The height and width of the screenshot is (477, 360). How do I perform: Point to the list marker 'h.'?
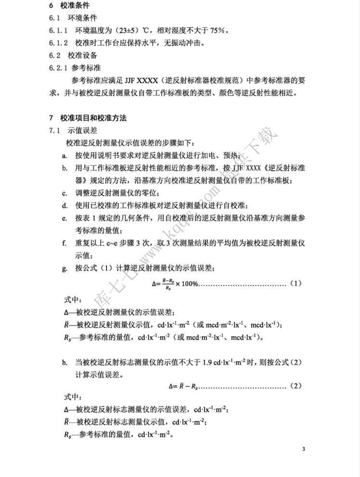point(65,361)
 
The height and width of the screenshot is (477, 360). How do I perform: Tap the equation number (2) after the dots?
point(296,385)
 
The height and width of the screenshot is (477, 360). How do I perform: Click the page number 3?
point(304,450)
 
